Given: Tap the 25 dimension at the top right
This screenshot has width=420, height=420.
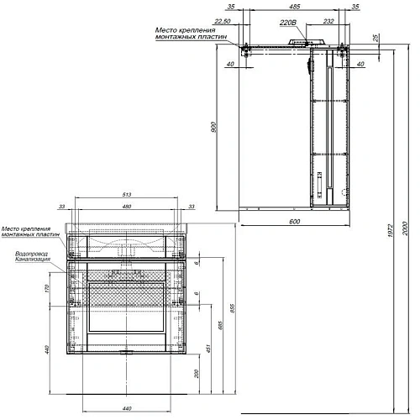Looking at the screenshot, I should pos(375,39).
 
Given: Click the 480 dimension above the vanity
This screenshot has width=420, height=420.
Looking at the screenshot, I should pos(128,207).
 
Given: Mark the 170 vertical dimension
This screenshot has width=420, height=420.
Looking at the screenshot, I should pos(48,288).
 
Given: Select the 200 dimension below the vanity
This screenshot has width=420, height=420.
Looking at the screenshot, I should pos(195,373).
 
